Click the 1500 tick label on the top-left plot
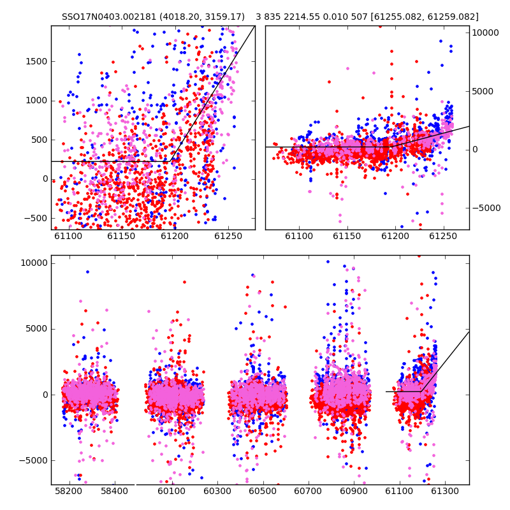[x=36, y=61]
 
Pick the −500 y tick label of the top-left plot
[x=36, y=218]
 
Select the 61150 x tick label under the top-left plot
[x=121, y=237]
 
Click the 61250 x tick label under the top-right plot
[x=443, y=237]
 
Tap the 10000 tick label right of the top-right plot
[x=485, y=33]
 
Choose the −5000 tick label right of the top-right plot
[x=486, y=208]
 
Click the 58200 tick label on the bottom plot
[x=69, y=491]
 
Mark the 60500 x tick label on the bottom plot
[x=263, y=491]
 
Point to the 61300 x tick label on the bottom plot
[x=444, y=491]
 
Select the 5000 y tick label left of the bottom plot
[x=36, y=329]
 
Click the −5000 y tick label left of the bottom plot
[x=33, y=460]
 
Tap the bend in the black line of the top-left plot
[x=170, y=161]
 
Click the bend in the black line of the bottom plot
[x=421, y=391]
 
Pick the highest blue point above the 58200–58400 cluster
[x=87, y=272]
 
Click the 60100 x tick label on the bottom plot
[x=171, y=491]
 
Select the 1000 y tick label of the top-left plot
[x=36, y=101]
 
